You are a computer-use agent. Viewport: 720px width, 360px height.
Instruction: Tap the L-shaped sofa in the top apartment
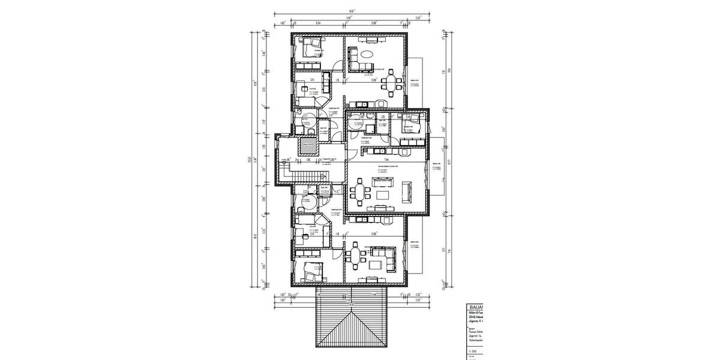(355, 59)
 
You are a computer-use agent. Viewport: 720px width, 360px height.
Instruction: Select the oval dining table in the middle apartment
(361, 193)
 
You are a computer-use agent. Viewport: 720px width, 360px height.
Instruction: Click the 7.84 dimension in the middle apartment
(388, 160)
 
